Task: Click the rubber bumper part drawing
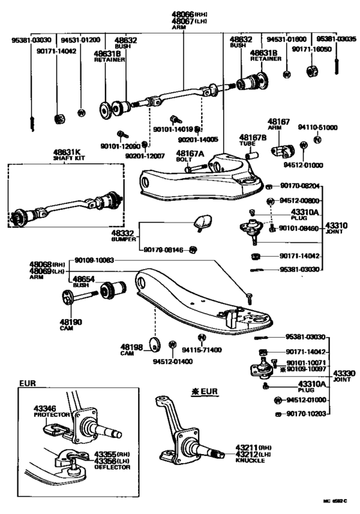click(x=201, y=223)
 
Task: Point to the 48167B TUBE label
click(x=252, y=140)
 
